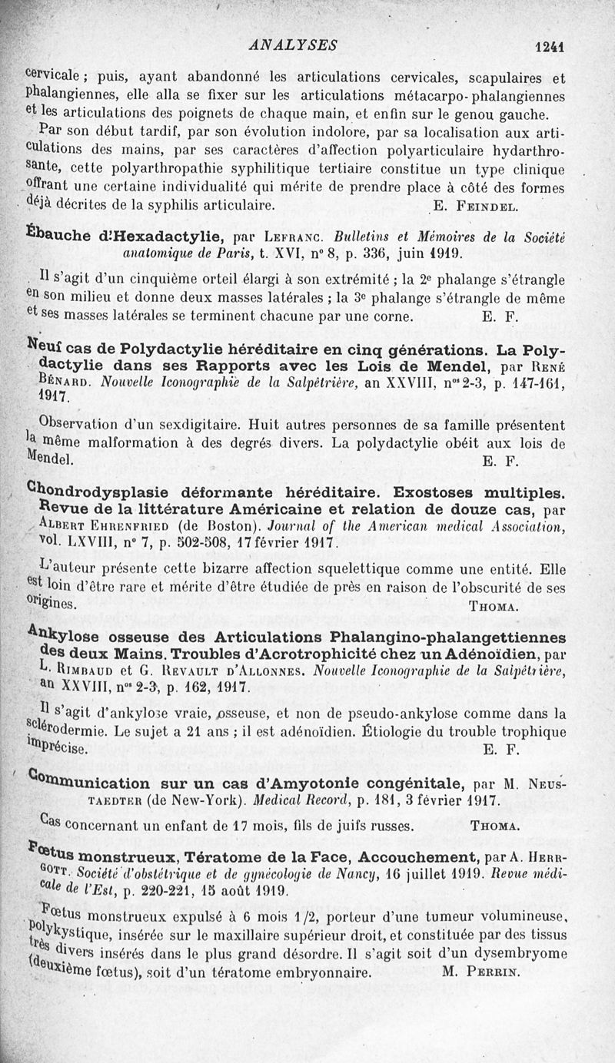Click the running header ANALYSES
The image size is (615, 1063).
pos(293,45)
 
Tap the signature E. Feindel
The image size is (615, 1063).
pos(477,206)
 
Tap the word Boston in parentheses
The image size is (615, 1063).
pos(224,526)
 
